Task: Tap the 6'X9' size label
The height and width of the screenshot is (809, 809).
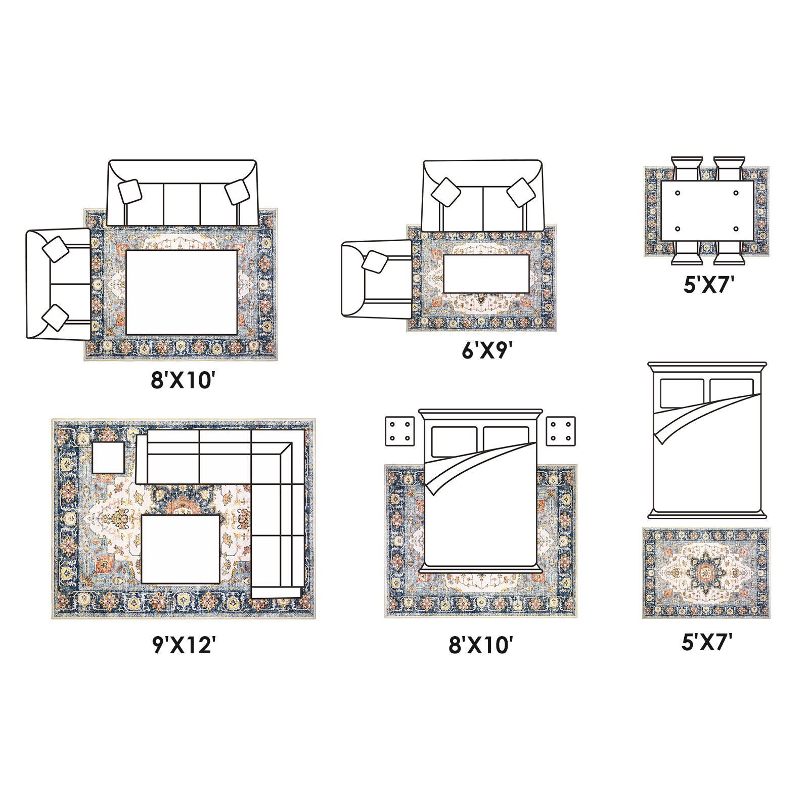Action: (x=484, y=350)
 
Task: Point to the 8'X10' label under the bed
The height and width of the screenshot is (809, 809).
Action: (x=481, y=646)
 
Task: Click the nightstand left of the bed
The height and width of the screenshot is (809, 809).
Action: (x=400, y=431)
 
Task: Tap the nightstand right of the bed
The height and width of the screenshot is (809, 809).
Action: (x=561, y=431)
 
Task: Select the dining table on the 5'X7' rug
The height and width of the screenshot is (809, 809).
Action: (x=707, y=211)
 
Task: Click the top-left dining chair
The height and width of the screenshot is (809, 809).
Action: (x=687, y=168)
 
